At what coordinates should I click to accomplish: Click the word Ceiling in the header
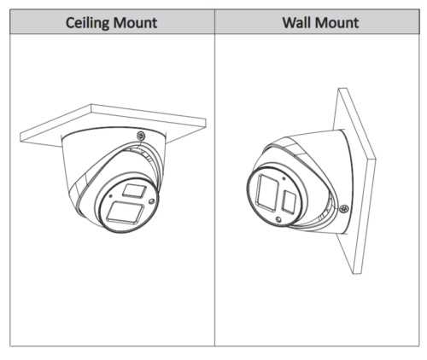(87, 23)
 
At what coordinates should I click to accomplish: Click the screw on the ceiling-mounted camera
(141, 136)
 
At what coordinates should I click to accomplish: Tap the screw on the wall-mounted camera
(344, 209)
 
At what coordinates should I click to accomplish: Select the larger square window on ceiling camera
(125, 212)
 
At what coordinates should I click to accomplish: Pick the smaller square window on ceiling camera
(134, 190)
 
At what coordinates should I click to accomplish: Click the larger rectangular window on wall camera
(267, 193)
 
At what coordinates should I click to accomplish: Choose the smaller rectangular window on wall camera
(289, 202)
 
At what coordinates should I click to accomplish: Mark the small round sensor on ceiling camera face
(152, 201)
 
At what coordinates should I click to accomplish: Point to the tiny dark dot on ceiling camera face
(110, 196)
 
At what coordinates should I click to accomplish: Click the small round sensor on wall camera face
(278, 219)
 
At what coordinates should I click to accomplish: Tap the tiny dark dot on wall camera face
(284, 178)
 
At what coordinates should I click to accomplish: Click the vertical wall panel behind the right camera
(354, 181)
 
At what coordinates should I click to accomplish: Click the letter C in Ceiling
(70, 23)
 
